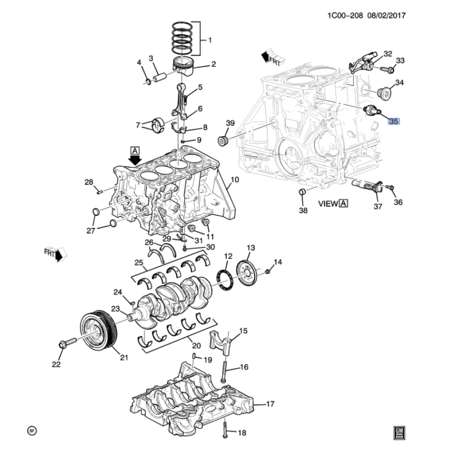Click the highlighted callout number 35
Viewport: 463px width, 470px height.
[x=394, y=121]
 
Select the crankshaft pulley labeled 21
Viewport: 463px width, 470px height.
[x=100, y=330]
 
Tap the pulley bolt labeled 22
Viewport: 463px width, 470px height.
[x=68, y=343]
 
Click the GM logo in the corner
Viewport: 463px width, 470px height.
[x=399, y=433]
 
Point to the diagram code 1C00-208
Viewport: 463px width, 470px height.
[x=345, y=16]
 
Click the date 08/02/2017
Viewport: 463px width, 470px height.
[x=386, y=16]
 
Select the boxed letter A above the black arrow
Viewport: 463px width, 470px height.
[x=135, y=150]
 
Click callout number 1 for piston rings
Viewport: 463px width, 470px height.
[x=210, y=40]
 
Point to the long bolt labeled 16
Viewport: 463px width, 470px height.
[x=224, y=372]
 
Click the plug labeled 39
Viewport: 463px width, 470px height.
[x=222, y=141]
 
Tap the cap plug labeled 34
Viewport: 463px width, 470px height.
[x=384, y=94]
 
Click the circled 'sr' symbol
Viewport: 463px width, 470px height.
[x=32, y=431]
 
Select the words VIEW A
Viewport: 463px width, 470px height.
[x=333, y=204]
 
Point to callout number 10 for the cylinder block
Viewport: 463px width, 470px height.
[x=235, y=180]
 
